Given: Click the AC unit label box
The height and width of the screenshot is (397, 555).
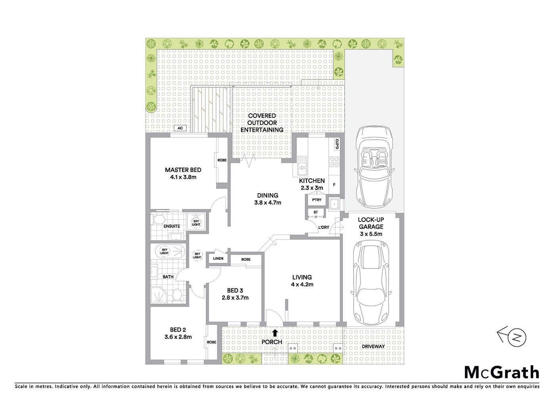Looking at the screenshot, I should point(180,128).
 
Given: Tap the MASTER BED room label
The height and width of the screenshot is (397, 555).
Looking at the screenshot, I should point(183,170).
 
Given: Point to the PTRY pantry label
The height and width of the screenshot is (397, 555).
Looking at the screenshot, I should point(316,200).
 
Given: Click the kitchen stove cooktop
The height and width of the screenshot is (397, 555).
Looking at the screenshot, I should point(334,162).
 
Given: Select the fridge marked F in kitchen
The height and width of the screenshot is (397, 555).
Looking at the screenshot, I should point(334,185).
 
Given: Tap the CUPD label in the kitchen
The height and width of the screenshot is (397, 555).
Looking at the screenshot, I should point(337,144).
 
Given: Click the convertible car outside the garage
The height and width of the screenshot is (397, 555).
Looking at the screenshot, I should point(374,167).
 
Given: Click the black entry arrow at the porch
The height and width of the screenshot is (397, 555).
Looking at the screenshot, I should point(275,333).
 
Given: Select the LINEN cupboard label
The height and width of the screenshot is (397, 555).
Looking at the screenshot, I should point(218,258).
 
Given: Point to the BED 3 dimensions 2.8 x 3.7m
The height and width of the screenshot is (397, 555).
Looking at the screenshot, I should point(235,298).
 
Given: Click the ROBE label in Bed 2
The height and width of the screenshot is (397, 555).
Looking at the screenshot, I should point(211,342).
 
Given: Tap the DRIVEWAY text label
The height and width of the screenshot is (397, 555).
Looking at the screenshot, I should point(373,347).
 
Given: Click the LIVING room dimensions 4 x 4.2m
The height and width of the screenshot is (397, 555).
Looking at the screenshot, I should point(302,285).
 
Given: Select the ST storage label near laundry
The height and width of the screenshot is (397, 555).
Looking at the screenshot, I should point(316,212).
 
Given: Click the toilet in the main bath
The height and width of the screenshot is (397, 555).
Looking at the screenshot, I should point(177,295).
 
